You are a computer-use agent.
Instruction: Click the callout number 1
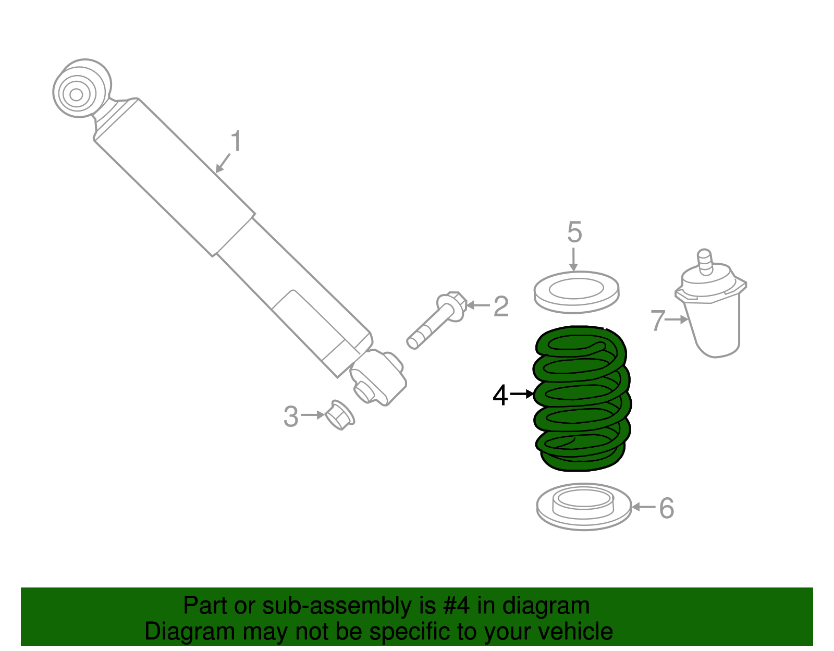coord(236,142)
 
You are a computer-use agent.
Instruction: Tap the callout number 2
coord(501,306)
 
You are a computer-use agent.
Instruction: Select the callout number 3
coord(291,417)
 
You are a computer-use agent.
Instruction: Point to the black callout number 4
coord(500,396)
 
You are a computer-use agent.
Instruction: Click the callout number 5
coord(574,232)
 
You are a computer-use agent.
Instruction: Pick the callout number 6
coord(667,508)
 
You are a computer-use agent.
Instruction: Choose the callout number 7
coord(658,321)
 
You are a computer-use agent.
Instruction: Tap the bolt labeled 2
coord(435,322)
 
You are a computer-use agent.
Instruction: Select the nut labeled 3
coord(339,416)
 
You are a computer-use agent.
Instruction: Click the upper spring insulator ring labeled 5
coord(576,292)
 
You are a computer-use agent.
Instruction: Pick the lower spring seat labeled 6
coord(583,507)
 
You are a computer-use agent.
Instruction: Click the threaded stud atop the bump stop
coord(704,260)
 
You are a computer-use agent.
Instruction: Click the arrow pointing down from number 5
coord(573,260)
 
